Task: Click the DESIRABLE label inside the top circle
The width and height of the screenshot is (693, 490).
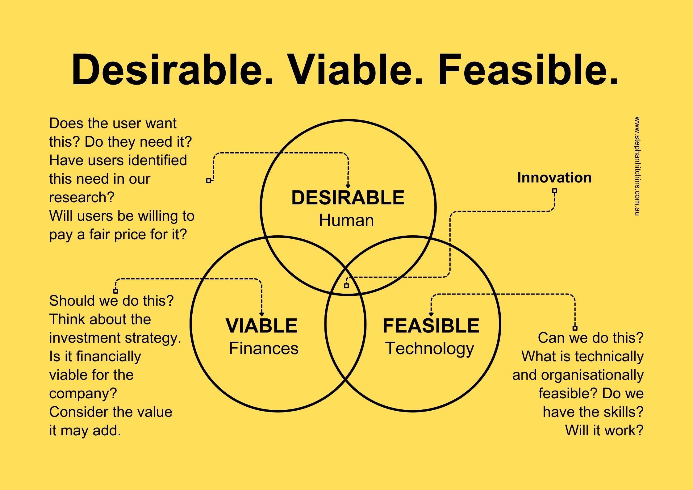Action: click(x=348, y=198)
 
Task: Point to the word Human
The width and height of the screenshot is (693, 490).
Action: click(x=346, y=220)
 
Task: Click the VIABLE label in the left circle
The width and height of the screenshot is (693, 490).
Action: click(x=261, y=326)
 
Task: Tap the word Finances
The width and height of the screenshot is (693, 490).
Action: click(x=264, y=349)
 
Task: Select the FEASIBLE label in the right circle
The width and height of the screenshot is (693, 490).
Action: click(x=431, y=326)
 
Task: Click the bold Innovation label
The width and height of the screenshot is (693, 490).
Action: click(x=554, y=178)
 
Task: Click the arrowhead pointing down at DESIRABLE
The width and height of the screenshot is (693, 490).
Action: click(x=348, y=186)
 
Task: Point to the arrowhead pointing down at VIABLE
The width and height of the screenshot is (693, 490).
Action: click(x=262, y=314)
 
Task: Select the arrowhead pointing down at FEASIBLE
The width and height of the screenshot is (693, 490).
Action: click(x=431, y=314)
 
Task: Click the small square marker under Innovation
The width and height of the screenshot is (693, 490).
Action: click(x=555, y=191)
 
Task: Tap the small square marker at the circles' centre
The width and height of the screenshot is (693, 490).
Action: click(x=346, y=286)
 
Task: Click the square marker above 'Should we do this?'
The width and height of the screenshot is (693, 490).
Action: click(x=116, y=291)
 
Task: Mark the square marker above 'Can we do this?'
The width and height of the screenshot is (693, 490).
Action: click(x=575, y=328)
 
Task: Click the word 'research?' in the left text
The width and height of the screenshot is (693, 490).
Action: click(x=82, y=198)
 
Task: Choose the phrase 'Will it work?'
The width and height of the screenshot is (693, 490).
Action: click(x=604, y=430)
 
